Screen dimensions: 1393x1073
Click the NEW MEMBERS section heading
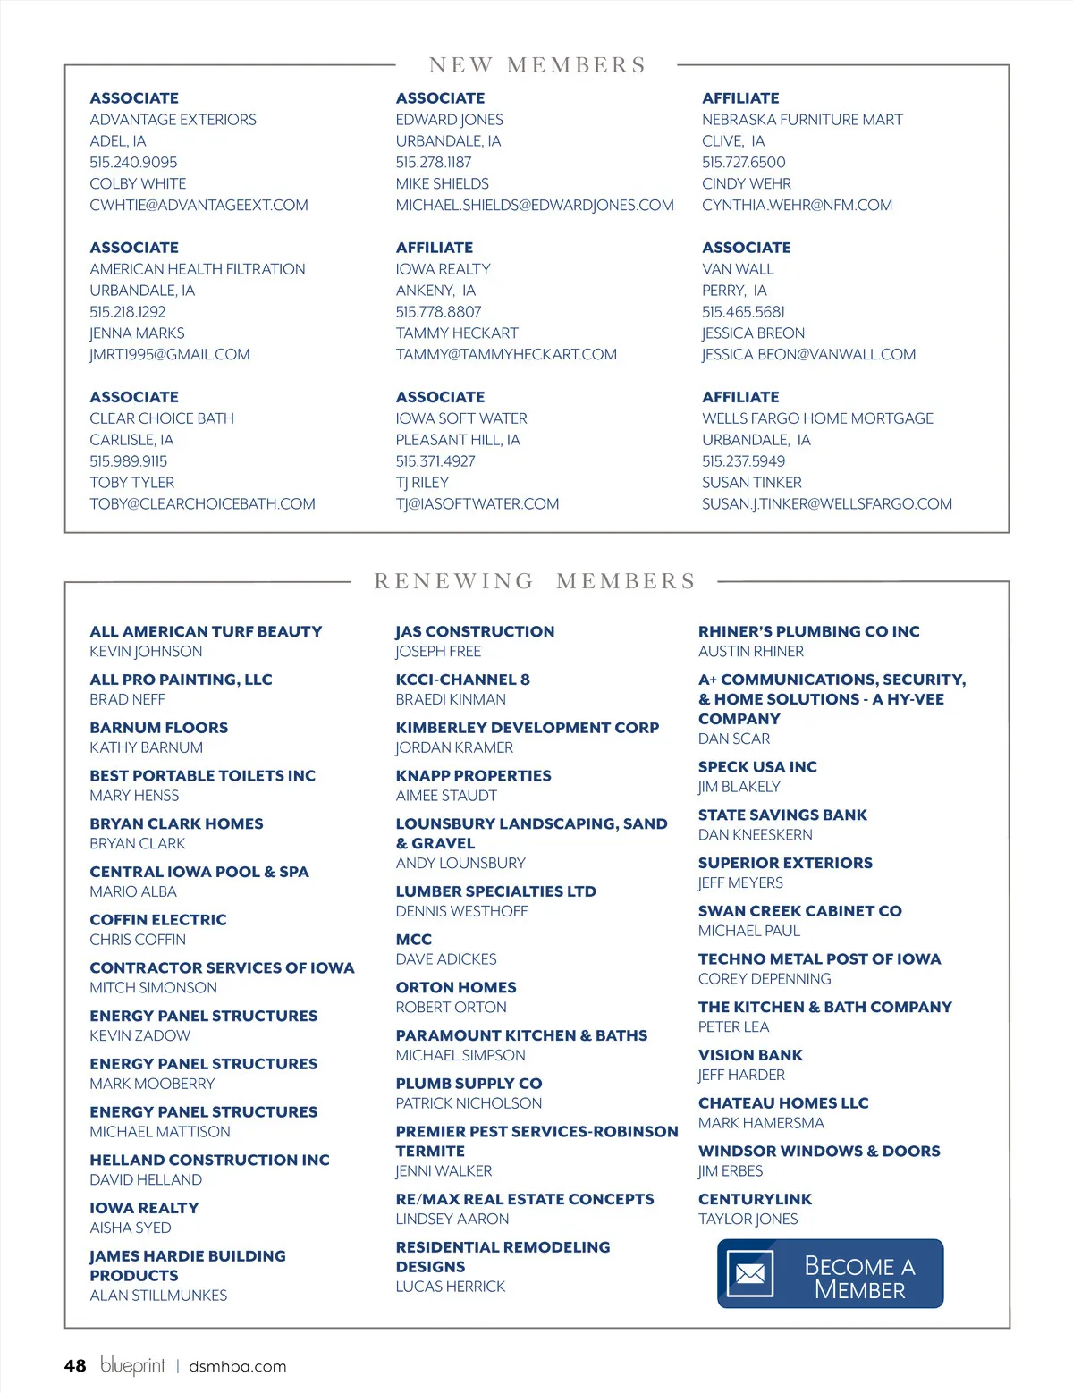point(536,65)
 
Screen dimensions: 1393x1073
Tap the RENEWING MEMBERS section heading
point(535,581)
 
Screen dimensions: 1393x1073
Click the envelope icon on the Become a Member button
point(749,1274)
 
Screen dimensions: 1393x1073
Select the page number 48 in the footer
point(75,1365)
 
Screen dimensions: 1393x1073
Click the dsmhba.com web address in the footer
point(238,1366)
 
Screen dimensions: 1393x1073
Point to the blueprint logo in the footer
point(132,1364)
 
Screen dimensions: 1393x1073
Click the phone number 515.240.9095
point(133,163)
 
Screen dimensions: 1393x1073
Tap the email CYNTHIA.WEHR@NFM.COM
point(797,206)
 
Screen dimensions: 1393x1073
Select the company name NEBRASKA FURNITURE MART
point(802,120)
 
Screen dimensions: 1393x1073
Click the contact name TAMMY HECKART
point(457,333)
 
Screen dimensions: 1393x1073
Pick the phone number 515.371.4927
point(435,461)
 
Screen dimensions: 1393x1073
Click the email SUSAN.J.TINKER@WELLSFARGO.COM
point(827,504)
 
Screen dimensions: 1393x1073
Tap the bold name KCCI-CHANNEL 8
point(462,680)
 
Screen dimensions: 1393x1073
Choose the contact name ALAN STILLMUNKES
point(158,1296)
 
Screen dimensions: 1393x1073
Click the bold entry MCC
point(414,940)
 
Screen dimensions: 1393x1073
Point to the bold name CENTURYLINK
point(755,1199)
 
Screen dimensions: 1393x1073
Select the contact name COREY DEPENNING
point(765,979)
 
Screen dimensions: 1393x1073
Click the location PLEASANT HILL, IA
point(458,440)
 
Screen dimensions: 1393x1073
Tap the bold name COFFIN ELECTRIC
point(158,920)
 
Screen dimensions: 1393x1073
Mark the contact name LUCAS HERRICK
point(451,1287)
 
